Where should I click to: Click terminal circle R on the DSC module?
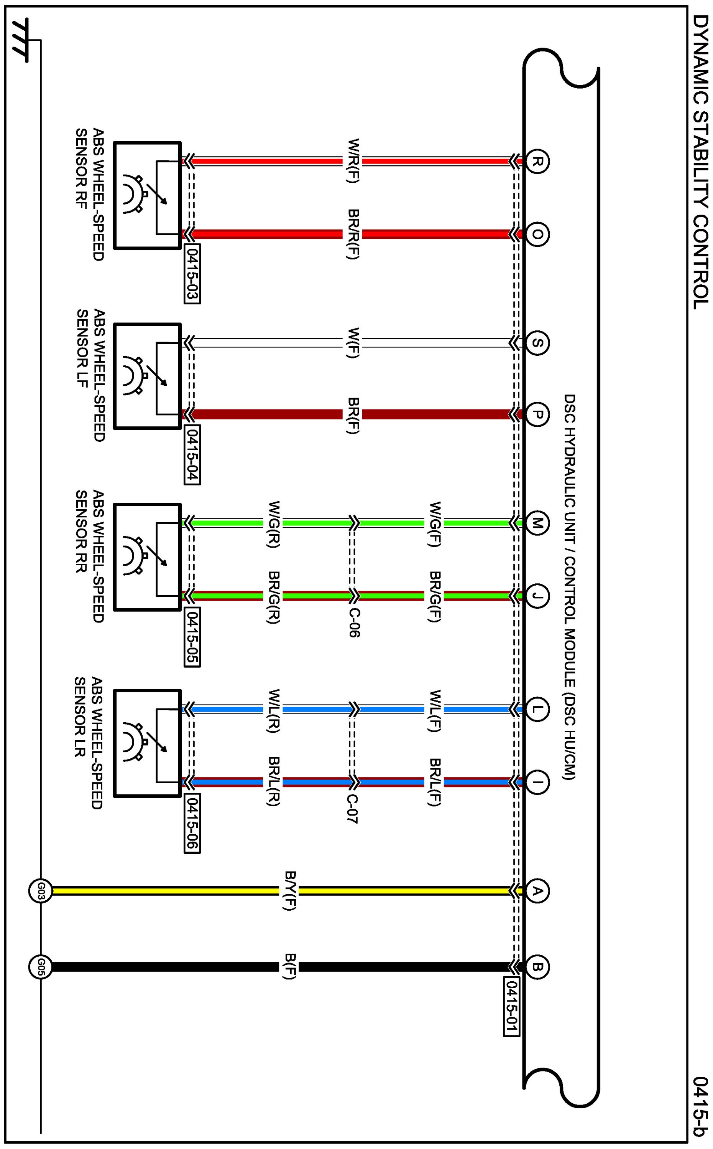point(537,162)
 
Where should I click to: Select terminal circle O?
point(537,234)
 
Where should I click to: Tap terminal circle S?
point(537,343)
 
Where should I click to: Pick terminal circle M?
point(537,523)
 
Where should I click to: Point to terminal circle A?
point(537,891)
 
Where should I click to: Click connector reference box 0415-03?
point(192,274)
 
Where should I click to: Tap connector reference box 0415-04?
point(192,455)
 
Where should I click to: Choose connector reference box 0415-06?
point(192,825)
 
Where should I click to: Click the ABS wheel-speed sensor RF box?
point(148,195)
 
